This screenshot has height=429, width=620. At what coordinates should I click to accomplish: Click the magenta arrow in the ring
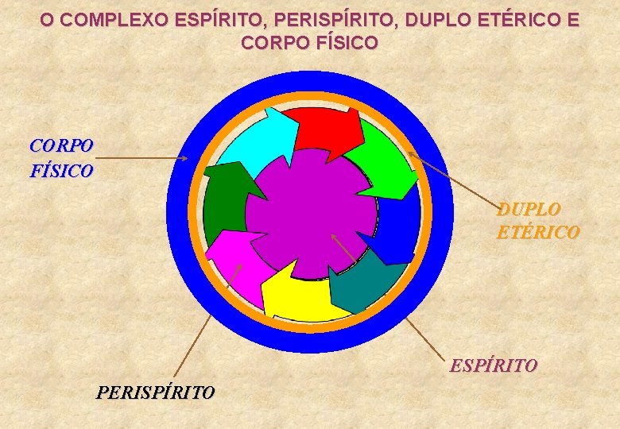234,259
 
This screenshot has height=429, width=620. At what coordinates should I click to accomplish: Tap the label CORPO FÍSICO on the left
61,158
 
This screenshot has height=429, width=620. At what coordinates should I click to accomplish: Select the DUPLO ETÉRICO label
538,221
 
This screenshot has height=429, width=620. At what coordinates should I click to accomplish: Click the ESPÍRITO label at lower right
494,366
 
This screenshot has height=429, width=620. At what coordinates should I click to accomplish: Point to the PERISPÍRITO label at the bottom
155,392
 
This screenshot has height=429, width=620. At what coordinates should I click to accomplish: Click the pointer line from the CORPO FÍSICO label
143,159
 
